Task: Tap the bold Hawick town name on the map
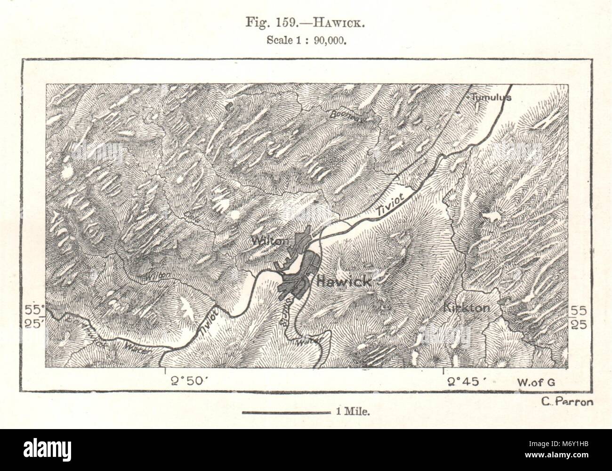click(x=344, y=281)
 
